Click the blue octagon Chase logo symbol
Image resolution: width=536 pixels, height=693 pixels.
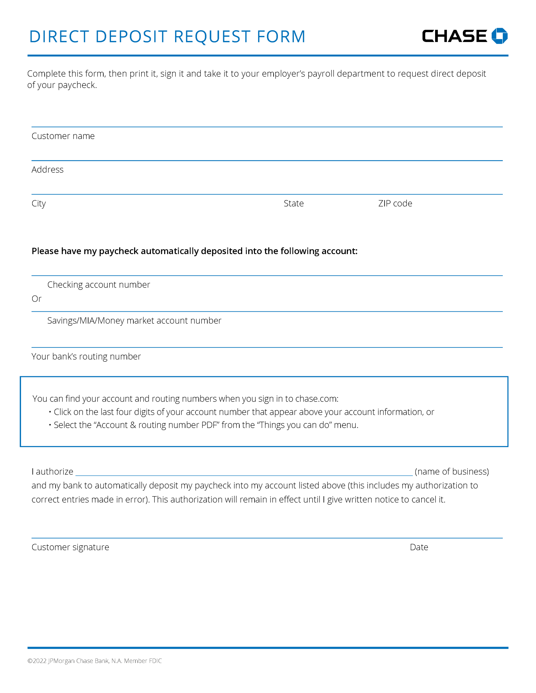point(499,36)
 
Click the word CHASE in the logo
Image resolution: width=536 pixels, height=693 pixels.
point(454,36)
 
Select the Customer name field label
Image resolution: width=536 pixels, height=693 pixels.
point(63,136)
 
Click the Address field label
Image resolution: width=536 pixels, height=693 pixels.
point(47,170)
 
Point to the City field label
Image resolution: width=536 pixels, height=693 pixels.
point(39,203)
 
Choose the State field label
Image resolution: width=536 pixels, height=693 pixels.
point(294,203)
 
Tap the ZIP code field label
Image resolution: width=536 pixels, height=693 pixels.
point(395,203)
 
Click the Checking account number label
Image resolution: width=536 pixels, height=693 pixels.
point(99,285)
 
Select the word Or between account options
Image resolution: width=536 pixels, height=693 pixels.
point(37,299)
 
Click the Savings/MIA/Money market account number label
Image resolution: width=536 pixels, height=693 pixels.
point(134,320)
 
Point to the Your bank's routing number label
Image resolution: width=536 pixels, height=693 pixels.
point(86,356)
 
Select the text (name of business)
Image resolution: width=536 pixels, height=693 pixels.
point(452,471)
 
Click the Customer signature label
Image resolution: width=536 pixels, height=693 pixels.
point(70,547)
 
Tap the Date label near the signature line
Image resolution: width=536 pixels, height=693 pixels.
point(419,547)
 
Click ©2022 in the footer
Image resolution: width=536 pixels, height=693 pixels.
point(37,661)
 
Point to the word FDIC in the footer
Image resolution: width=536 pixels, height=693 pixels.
point(155,661)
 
